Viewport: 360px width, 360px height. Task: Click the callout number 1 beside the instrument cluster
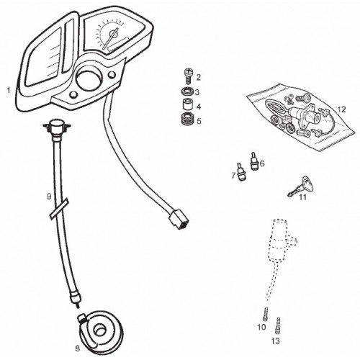click(x=9, y=91)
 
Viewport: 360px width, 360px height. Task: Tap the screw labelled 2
click(x=188, y=76)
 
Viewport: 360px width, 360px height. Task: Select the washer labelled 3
click(x=186, y=91)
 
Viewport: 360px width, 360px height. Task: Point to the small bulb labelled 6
click(x=253, y=161)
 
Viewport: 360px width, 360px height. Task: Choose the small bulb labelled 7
click(x=240, y=173)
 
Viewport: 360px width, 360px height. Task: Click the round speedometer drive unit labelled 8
click(x=100, y=330)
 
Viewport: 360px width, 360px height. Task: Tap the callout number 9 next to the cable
click(x=49, y=197)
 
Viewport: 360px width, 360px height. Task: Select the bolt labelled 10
click(x=266, y=314)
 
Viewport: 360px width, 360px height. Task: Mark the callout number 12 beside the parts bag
click(x=341, y=109)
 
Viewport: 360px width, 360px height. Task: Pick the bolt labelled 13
click(x=278, y=325)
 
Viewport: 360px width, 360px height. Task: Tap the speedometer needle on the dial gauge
click(x=110, y=38)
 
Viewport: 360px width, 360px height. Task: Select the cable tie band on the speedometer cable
click(x=59, y=209)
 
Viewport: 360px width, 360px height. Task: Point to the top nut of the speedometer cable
click(x=57, y=127)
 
